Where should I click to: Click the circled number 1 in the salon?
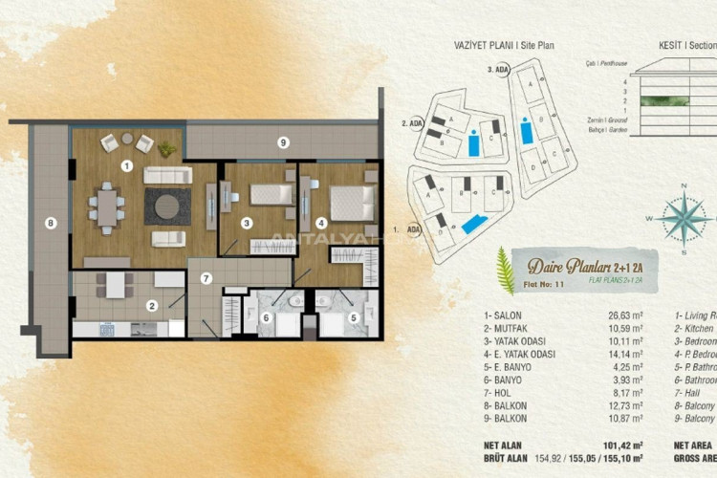click(x=126, y=164)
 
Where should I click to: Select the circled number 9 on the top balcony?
click(x=282, y=142)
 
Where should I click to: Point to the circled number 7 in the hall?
click(x=205, y=278)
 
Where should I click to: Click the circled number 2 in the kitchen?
click(x=151, y=307)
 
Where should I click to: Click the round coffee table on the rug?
click(x=167, y=205)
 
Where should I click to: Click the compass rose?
click(x=683, y=217)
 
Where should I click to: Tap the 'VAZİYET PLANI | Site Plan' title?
click(x=503, y=45)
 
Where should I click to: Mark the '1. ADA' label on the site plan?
click(x=408, y=230)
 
